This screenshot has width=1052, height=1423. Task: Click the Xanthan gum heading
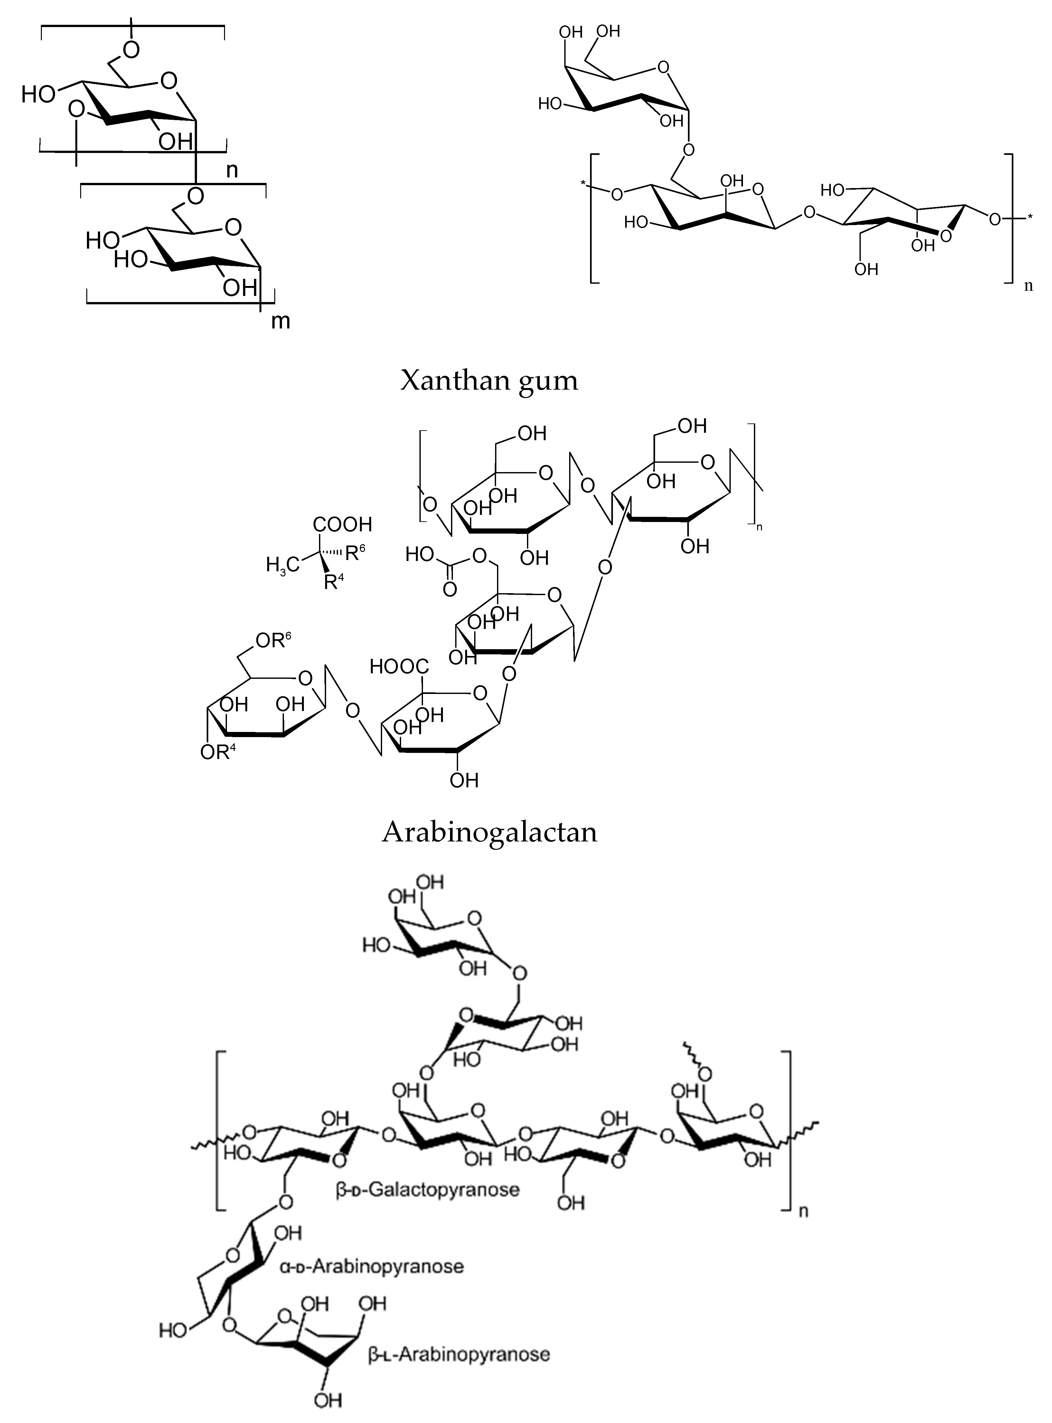[489, 381]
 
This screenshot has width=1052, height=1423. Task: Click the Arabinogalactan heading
[489, 832]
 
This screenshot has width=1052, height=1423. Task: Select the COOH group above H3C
[342, 525]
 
